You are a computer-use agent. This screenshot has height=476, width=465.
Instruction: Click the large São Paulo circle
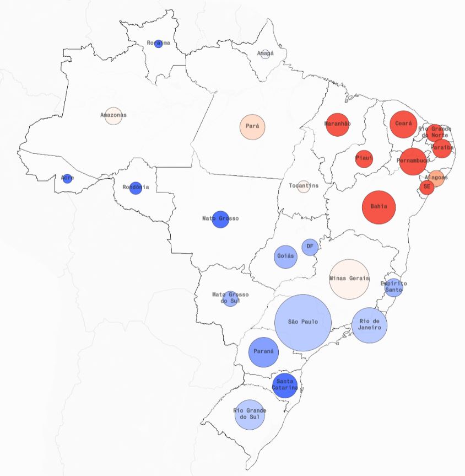(x=303, y=323)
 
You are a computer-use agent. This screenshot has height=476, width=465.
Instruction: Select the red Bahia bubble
(x=379, y=207)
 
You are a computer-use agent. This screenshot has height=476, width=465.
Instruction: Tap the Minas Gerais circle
(x=349, y=279)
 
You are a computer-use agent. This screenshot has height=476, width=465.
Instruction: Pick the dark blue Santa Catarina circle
(x=285, y=384)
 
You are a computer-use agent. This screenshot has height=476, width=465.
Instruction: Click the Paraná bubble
(x=264, y=352)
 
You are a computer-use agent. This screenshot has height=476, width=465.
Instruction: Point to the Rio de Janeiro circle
(x=370, y=325)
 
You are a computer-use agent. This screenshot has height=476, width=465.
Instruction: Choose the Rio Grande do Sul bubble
(x=250, y=414)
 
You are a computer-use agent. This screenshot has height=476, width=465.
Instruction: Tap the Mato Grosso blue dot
(x=220, y=219)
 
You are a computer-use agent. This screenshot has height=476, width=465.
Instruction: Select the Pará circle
(x=252, y=126)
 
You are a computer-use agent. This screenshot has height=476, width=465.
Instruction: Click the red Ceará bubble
(x=403, y=124)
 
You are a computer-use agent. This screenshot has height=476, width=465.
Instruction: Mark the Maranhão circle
(x=338, y=124)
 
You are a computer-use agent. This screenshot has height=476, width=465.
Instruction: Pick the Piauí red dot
(x=364, y=159)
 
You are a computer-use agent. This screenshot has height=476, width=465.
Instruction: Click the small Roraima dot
(x=159, y=44)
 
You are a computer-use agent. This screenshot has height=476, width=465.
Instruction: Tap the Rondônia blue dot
(x=136, y=188)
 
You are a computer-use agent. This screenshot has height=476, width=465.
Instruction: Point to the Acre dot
(x=67, y=178)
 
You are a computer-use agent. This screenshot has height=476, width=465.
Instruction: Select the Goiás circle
(x=286, y=256)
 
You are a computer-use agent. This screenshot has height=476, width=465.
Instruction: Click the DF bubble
(x=310, y=247)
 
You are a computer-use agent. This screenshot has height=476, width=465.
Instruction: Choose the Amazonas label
(x=113, y=115)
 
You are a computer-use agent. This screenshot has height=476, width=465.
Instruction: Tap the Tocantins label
(x=304, y=186)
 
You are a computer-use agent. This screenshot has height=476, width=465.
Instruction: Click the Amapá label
(x=265, y=54)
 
